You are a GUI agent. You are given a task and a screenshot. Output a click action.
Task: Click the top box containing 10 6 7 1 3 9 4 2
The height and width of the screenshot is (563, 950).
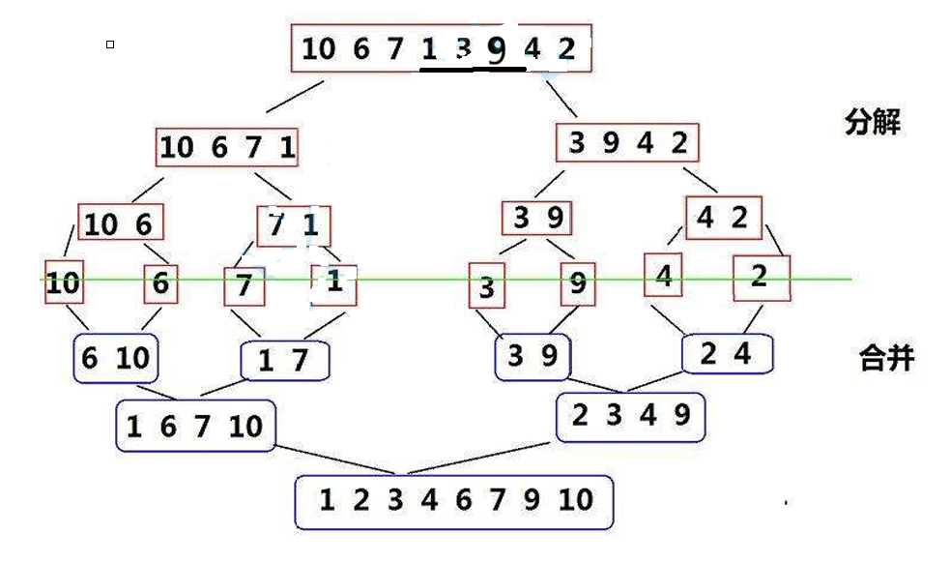441,48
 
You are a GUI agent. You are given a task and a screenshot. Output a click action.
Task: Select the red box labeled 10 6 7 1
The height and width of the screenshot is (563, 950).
227,147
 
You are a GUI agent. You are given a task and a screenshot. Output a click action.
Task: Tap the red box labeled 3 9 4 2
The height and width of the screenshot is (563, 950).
627,143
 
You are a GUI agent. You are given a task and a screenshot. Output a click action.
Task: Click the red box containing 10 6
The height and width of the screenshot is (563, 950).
120,222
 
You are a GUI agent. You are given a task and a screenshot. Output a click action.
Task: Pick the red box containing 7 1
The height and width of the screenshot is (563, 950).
294,225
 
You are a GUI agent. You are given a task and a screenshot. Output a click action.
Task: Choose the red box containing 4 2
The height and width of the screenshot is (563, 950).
723,219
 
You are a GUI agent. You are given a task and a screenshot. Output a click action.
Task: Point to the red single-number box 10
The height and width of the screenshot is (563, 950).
63,283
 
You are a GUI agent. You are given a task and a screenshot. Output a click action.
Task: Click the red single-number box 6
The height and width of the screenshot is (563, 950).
160,283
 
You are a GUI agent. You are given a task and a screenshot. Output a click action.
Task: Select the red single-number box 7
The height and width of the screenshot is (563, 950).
244,286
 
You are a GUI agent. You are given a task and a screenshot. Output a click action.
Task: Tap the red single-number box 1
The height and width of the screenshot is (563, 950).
333,284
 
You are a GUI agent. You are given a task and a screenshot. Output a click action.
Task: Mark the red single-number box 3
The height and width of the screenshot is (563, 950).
487,287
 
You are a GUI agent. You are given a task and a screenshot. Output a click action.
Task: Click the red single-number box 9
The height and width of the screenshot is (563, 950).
577,284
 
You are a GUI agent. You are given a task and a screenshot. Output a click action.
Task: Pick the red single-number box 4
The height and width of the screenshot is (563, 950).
663,275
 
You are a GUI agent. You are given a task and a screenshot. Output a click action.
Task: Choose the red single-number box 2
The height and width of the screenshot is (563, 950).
761,277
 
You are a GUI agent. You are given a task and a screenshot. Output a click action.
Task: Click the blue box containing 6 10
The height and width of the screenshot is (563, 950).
115,359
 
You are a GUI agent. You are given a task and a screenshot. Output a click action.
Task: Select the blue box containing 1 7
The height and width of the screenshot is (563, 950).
284,361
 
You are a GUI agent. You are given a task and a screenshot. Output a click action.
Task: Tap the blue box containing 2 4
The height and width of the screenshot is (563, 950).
726,354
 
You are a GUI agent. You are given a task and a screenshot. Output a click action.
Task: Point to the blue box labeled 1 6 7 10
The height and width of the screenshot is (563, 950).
195,426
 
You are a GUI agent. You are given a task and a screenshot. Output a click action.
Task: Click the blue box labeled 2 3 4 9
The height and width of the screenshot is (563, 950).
630,417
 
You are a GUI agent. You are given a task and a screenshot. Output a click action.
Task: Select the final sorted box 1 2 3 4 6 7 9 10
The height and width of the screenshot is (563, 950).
454,501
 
